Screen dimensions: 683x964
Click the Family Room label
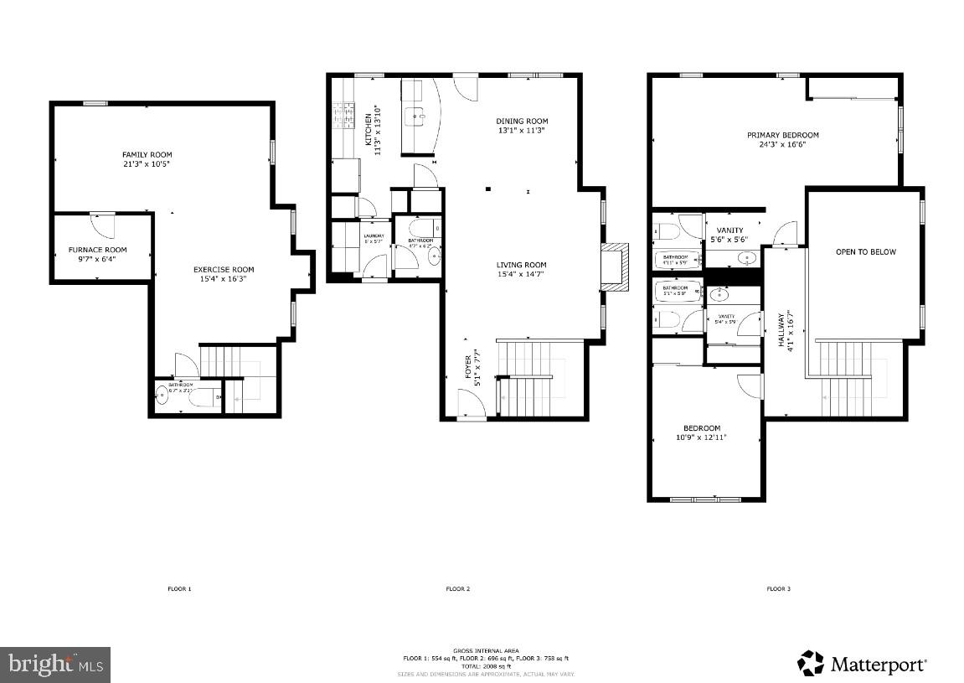(147, 155)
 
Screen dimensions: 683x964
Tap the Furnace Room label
(97, 250)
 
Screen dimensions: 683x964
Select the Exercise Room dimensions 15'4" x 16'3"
(224, 279)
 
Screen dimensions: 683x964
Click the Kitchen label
(367, 123)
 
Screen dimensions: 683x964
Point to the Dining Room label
(522, 122)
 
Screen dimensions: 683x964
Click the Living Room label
(521, 265)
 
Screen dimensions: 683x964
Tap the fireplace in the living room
(614, 267)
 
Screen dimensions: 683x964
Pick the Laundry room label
(374, 235)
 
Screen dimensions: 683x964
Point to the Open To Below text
(865, 252)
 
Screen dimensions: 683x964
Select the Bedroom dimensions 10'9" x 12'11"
(702, 437)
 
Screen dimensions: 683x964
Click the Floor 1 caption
(179, 589)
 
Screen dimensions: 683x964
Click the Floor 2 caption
(456, 589)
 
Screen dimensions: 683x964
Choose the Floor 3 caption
(778, 589)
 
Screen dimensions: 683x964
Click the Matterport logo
(863, 664)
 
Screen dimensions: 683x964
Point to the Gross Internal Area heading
(486, 650)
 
